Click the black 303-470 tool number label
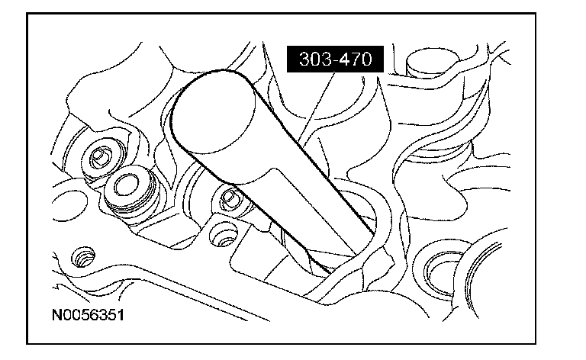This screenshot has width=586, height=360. pyautogui.click(x=335, y=59)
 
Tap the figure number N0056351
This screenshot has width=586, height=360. pyautogui.click(x=88, y=315)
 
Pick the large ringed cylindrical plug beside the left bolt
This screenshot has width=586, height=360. pyautogui.click(x=130, y=194)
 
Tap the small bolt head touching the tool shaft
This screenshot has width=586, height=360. pyautogui.click(x=230, y=198)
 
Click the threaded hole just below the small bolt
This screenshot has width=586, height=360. pyautogui.click(x=224, y=234)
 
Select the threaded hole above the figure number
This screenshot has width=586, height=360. pyautogui.click(x=82, y=257)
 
